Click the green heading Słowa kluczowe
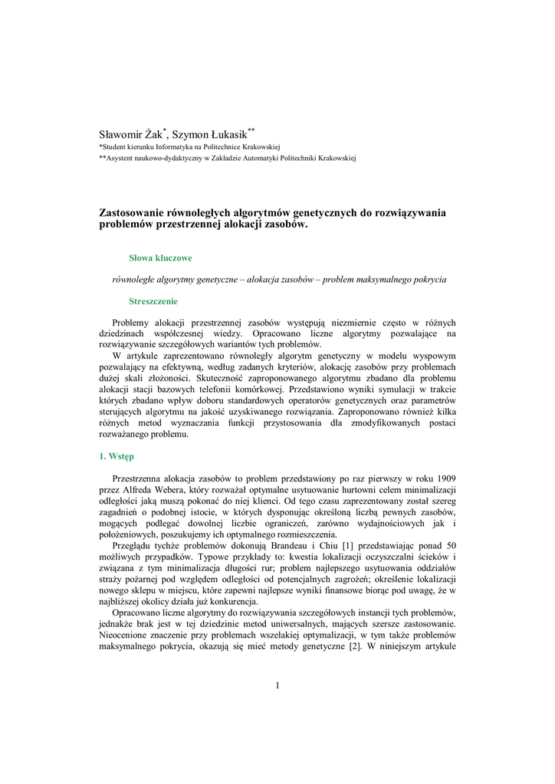pyautogui.click(x=160, y=259)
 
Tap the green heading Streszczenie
pyautogui.click(x=153, y=301)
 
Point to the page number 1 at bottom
pyautogui.click(x=277, y=684)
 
